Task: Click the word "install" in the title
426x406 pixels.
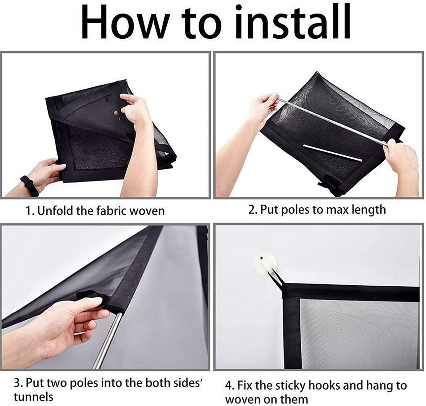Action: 293,21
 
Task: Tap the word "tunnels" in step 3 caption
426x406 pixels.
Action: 33,397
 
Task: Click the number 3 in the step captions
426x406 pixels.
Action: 17,383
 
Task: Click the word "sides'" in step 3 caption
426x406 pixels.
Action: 188,383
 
